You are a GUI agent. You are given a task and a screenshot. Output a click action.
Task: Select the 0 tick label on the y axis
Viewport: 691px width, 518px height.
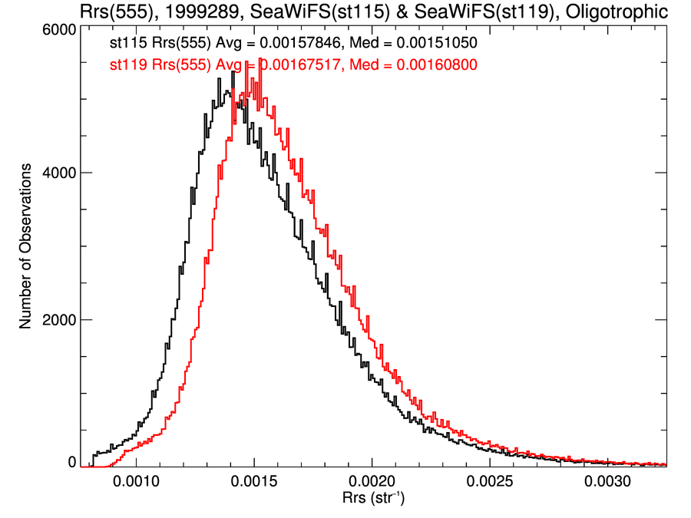71,462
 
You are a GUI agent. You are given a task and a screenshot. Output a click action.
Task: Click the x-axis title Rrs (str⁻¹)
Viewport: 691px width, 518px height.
372,499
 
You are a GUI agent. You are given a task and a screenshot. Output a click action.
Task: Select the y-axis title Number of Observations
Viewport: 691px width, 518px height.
26,246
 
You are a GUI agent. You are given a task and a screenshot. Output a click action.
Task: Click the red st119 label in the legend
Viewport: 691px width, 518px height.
124,66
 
